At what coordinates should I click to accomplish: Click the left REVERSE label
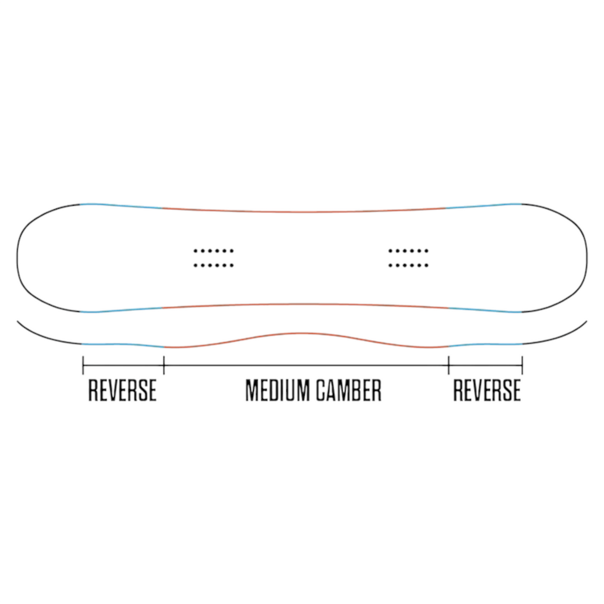122,391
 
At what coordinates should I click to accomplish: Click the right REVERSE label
487,391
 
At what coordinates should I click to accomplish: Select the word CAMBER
348,391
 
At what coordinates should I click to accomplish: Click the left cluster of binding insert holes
214,258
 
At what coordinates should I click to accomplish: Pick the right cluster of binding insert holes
408,258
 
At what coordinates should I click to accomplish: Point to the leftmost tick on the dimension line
83,365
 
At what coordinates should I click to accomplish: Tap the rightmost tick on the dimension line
522,365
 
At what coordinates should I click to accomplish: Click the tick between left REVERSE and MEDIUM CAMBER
164,365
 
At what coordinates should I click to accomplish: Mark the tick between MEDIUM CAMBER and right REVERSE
448,365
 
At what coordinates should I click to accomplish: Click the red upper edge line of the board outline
304,212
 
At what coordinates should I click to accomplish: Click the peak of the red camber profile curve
300,333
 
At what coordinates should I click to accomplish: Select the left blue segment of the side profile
123,344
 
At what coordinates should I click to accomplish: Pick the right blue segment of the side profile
486,344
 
